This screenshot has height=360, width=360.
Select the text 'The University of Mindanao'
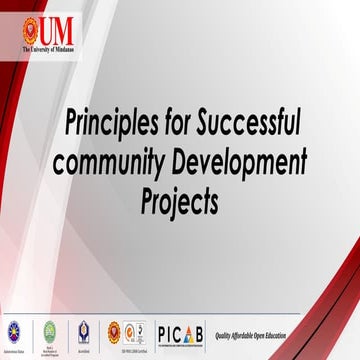[x=47, y=47]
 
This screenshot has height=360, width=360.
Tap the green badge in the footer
[x=48, y=331]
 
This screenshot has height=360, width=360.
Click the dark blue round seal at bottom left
[x=14, y=331]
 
